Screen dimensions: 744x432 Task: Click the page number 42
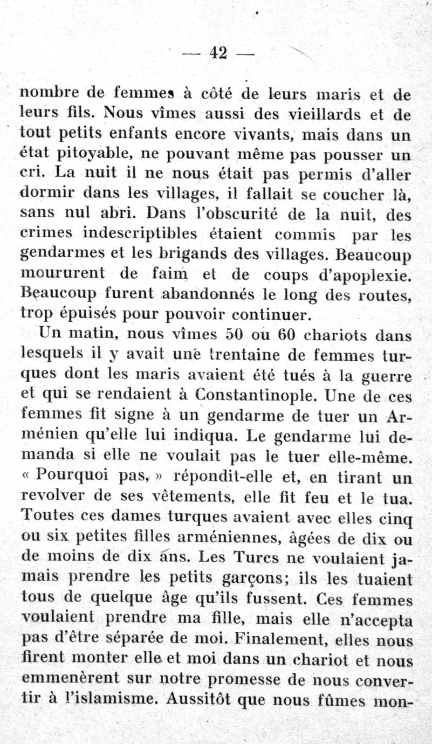point(218,52)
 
